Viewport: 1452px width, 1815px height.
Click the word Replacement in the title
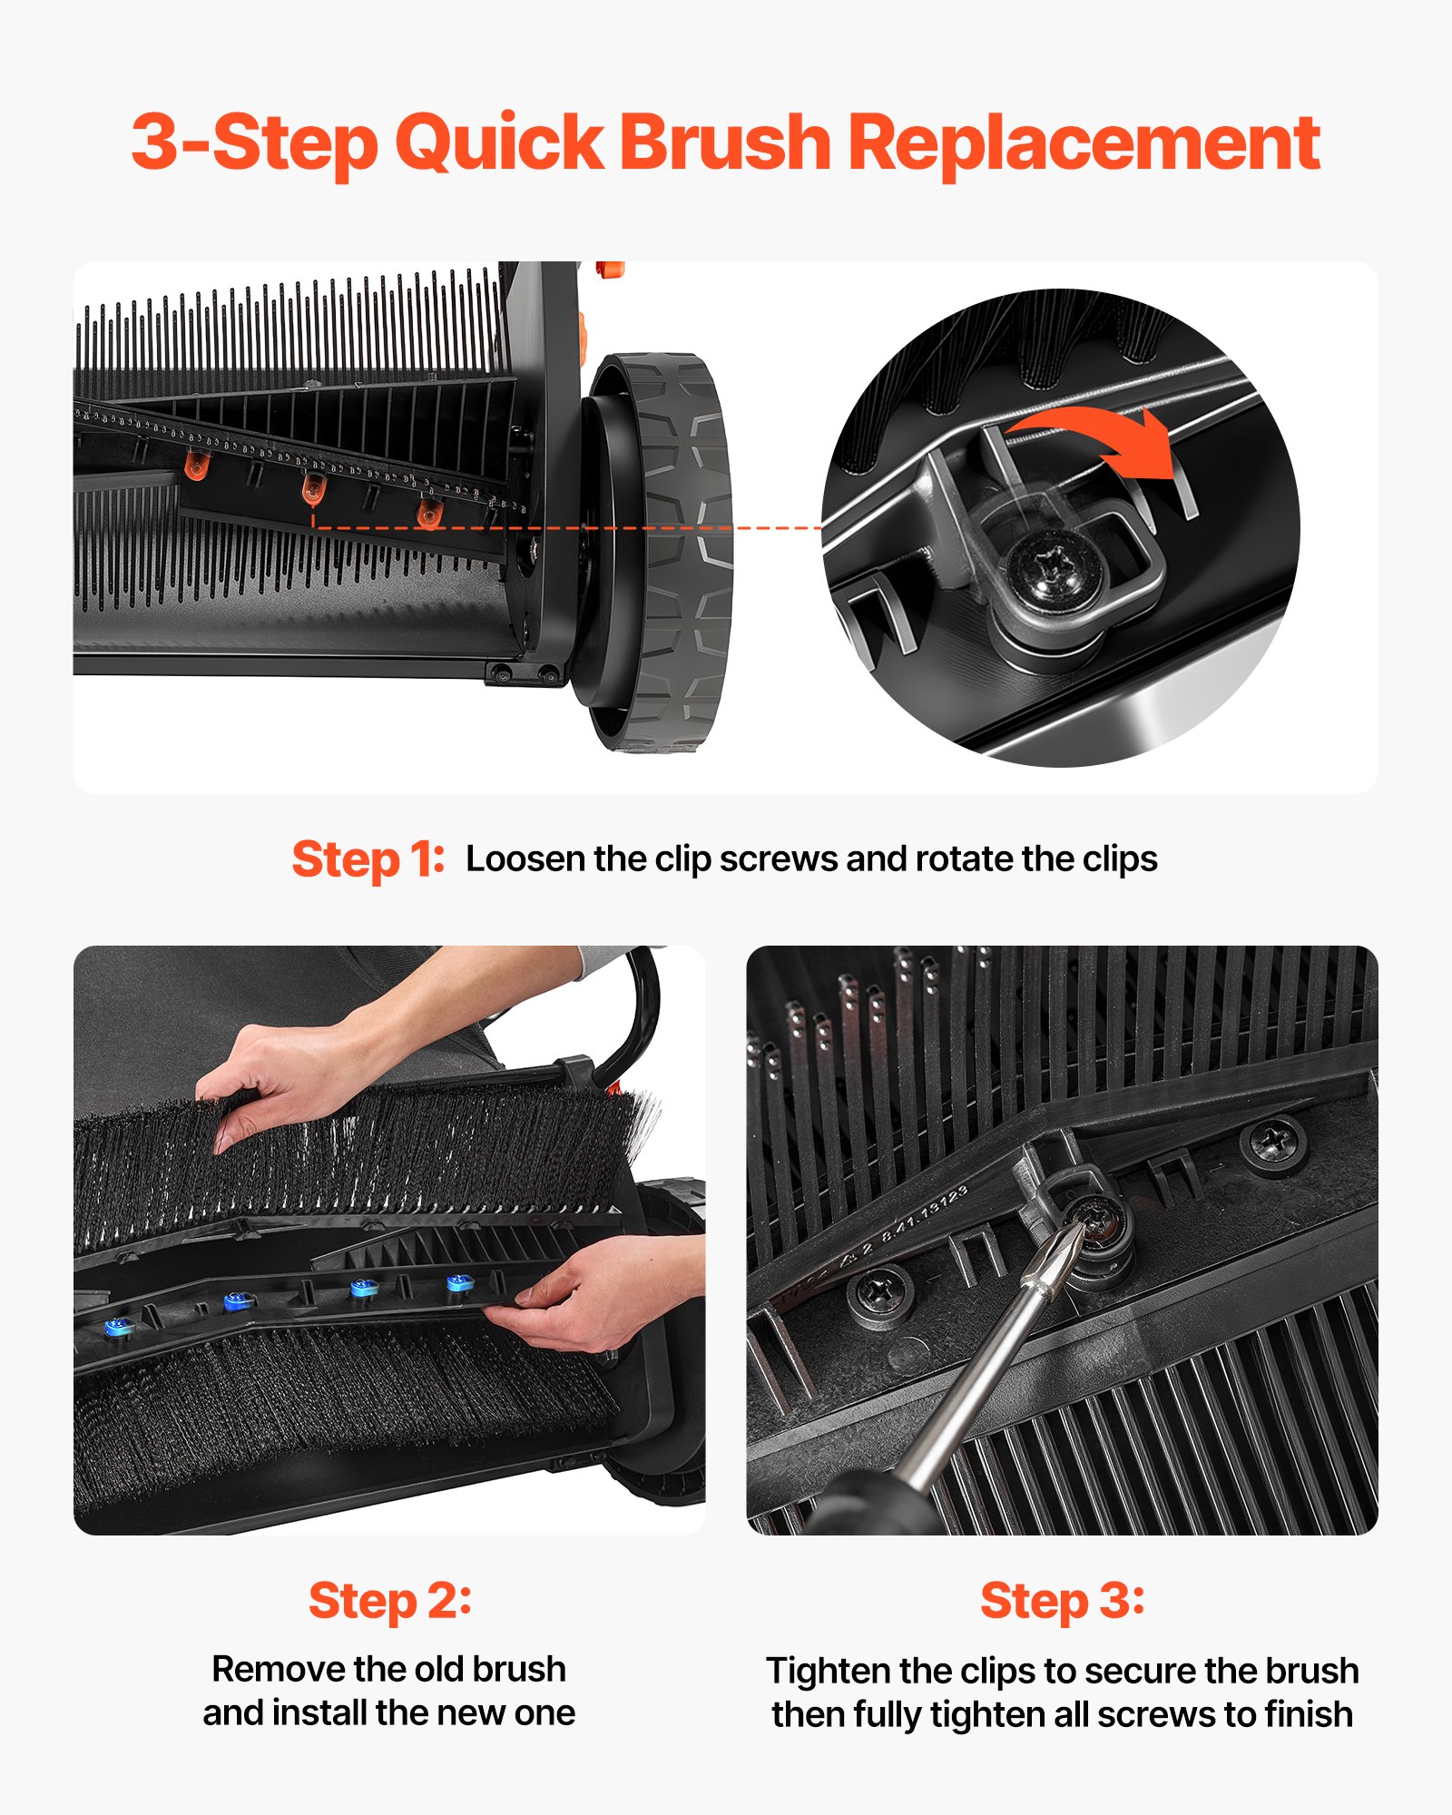coord(1084,142)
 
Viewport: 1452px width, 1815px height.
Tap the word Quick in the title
coord(499,142)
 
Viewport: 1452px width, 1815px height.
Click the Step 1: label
coord(368,858)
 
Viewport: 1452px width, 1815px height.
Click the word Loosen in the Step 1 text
coord(525,858)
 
